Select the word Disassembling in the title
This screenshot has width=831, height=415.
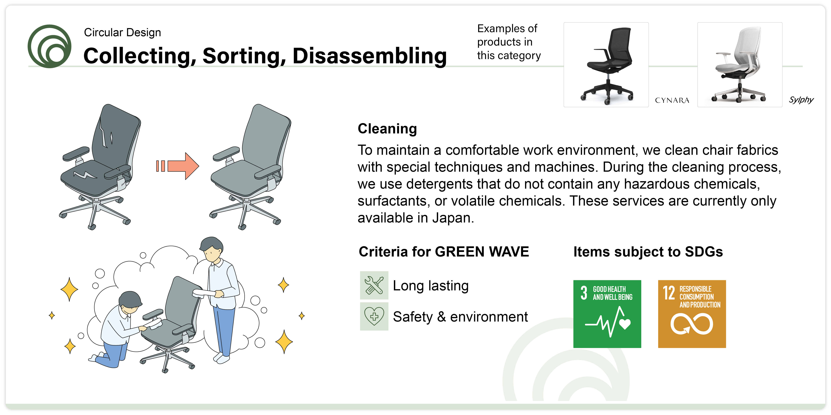pyautogui.click(x=370, y=56)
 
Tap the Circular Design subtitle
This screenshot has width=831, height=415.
pyautogui.click(x=122, y=33)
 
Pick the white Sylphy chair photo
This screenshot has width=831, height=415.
pyautogui.click(x=740, y=65)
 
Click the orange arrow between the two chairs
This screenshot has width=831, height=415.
pyautogui.click(x=177, y=166)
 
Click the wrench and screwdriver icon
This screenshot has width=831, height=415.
pyautogui.click(x=374, y=285)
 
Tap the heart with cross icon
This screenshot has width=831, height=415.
pyautogui.click(x=374, y=316)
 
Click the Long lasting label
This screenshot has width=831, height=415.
pyautogui.click(x=431, y=286)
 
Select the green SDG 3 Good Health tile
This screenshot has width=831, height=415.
pyautogui.click(x=607, y=314)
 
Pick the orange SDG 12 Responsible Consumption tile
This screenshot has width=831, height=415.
pyautogui.click(x=692, y=314)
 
